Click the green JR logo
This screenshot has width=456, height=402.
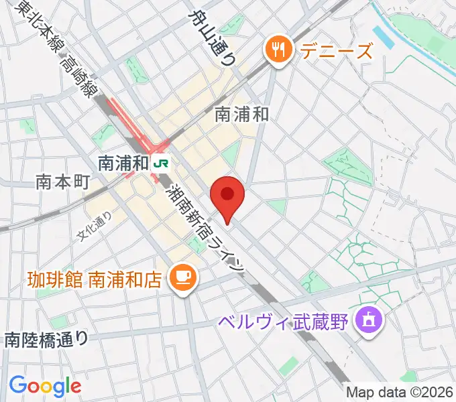click(161, 162)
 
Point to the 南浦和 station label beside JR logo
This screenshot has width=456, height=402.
click(123, 163)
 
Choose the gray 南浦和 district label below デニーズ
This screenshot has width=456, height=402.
click(242, 115)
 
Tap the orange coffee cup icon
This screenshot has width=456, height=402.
click(181, 275)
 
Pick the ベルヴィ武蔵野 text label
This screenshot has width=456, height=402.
click(284, 322)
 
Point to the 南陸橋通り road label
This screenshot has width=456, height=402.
click(46, 339)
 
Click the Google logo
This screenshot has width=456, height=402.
click(45, 386)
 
